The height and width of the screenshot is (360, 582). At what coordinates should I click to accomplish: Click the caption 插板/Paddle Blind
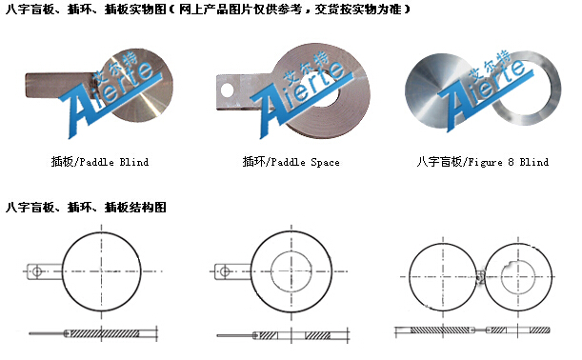(100, 162)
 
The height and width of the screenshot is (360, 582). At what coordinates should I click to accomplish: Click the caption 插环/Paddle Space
(291, 162)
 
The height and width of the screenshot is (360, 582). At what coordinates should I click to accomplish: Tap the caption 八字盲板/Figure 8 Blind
(483, 162)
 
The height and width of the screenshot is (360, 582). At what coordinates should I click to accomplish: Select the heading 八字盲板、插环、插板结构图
(86, 207)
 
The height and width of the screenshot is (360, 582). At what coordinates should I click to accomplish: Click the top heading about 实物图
(208, 9)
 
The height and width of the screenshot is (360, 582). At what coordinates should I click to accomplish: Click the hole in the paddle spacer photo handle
(227, 90)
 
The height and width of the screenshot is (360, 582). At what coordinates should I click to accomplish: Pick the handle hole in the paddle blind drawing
(37, 271)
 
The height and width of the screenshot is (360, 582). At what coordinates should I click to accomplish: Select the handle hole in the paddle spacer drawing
(225, 271)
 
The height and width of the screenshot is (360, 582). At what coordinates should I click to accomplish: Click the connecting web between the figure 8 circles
(480, 276)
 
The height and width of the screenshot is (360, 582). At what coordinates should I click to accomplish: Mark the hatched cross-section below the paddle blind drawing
(104, 333)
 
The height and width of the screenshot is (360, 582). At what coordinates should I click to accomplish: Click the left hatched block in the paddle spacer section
(268, 335)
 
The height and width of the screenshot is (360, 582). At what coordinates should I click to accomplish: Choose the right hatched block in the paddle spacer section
(318, 335)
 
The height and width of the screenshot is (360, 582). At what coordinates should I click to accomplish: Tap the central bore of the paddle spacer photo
(327, 91)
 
